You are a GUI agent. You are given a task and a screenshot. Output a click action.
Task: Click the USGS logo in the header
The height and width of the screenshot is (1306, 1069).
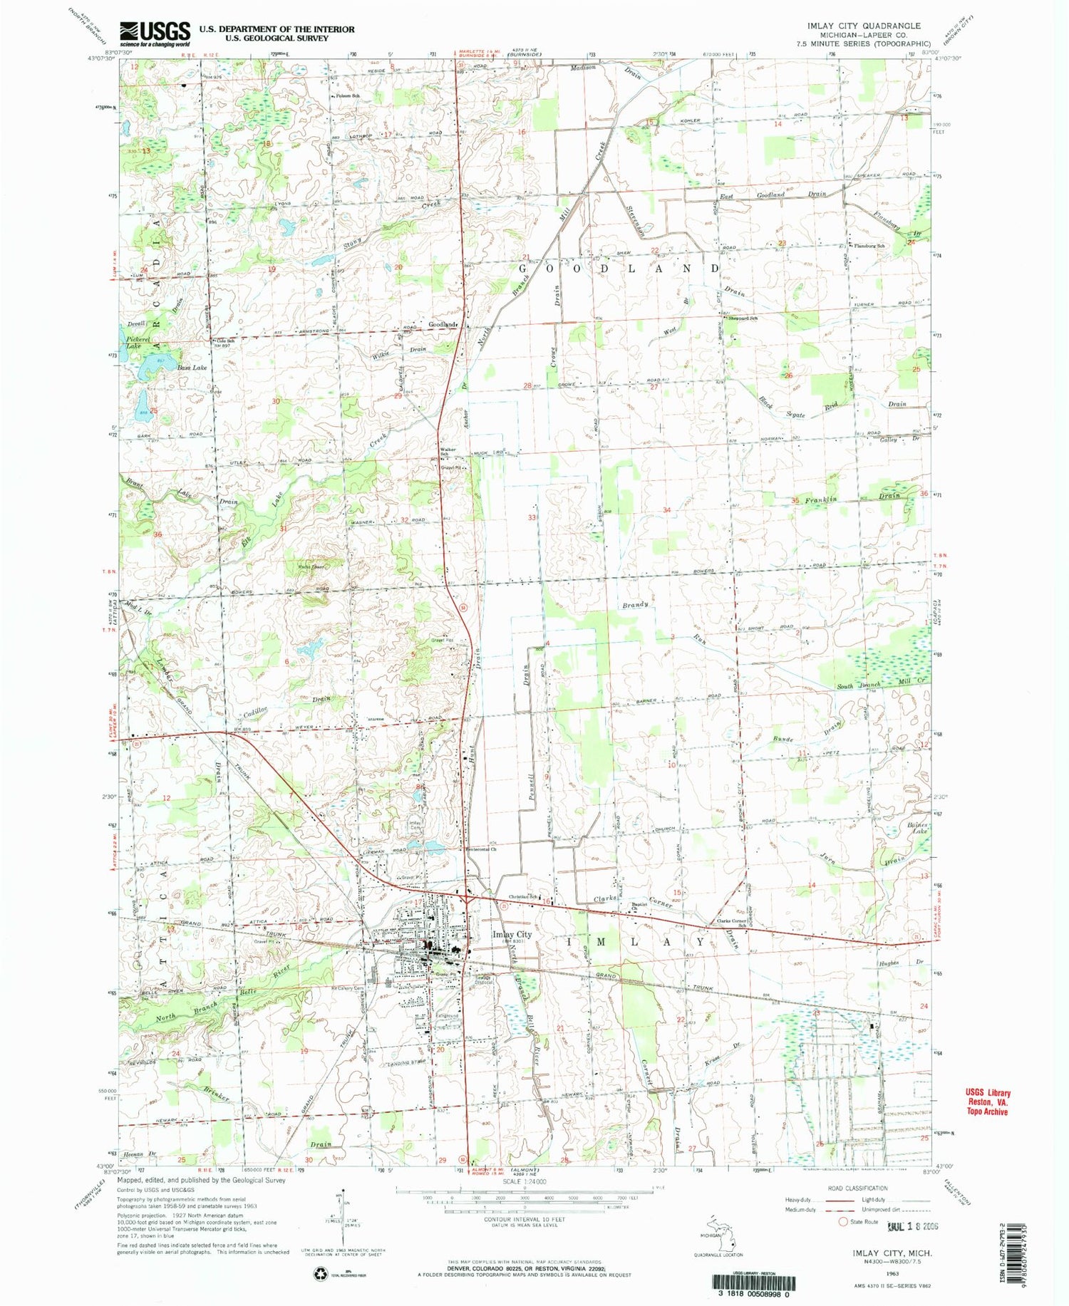click(x=155, y=33)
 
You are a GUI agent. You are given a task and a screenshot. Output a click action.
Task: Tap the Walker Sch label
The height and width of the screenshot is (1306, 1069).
click(x=448, y=452)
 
